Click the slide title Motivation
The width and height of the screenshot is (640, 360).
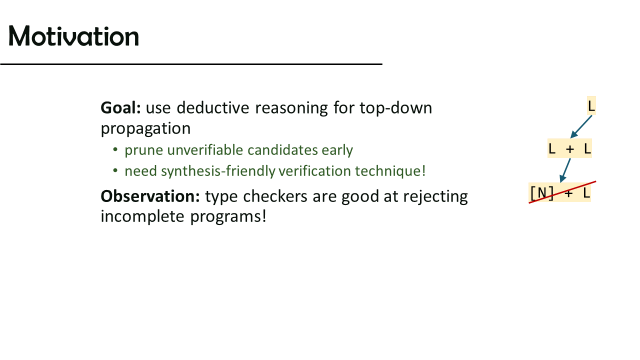(73, 36)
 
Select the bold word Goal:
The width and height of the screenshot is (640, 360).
(120, 108)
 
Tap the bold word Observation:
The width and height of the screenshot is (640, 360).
(150, 196)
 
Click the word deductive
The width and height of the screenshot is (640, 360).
(213, 107)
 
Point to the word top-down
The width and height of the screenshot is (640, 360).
(395, 108)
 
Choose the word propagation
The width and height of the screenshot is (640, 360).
(145, 129)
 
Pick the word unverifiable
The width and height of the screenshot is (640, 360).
(205, 150)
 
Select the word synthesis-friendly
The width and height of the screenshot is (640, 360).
(218, 171)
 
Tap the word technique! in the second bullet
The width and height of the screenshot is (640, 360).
(390, 171)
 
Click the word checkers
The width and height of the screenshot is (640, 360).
(275, 196)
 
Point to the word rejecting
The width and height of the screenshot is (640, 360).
(435, 197)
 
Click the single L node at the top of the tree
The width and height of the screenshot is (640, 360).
(591, 105)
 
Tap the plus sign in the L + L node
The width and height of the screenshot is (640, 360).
(569, 149)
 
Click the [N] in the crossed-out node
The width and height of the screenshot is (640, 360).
(542, 193)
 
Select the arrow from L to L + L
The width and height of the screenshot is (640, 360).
(581, 127)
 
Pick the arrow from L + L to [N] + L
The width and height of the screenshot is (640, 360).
(565, 170)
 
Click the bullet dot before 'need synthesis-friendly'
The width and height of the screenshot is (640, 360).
(115, 171)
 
